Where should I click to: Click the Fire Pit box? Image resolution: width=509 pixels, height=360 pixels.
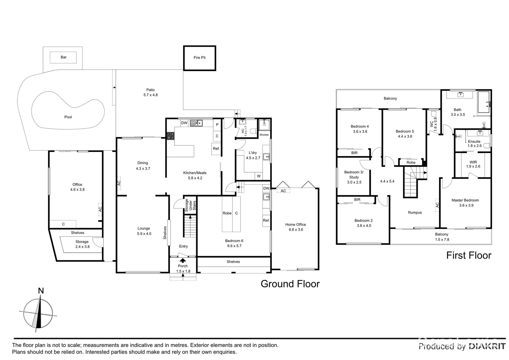click(x=200, y=58)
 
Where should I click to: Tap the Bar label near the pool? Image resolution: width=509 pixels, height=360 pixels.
click(x=64, y=57)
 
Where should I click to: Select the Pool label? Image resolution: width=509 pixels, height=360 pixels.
click(x=68, y=117)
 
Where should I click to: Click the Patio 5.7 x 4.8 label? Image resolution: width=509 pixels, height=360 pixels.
click(x=150, y=92)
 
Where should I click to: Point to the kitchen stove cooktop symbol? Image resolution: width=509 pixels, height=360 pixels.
click(x=170, y=136)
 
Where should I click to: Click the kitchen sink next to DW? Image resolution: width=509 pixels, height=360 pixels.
click(x=198, y=123)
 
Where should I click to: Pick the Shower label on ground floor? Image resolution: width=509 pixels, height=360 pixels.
click(x=264, y=135)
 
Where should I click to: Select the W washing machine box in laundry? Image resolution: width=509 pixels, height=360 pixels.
click(x=258, y=176)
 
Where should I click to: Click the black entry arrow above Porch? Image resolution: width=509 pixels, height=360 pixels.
click(x=183, y=256)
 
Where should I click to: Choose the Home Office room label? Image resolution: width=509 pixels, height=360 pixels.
click(x=295, y=227)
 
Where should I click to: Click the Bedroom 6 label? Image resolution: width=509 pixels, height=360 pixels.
click(x=234, y=243)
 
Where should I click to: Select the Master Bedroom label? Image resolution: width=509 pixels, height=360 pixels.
click(x=465, y=203)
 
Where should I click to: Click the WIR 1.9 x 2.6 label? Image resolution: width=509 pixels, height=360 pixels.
click(x=473, y=164)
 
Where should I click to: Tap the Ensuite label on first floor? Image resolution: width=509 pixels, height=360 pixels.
click(x=474, y=143)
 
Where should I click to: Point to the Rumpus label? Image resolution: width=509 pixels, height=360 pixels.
click(x=415, y=213)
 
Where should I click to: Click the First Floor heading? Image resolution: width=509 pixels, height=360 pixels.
click(x=468, y=255)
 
